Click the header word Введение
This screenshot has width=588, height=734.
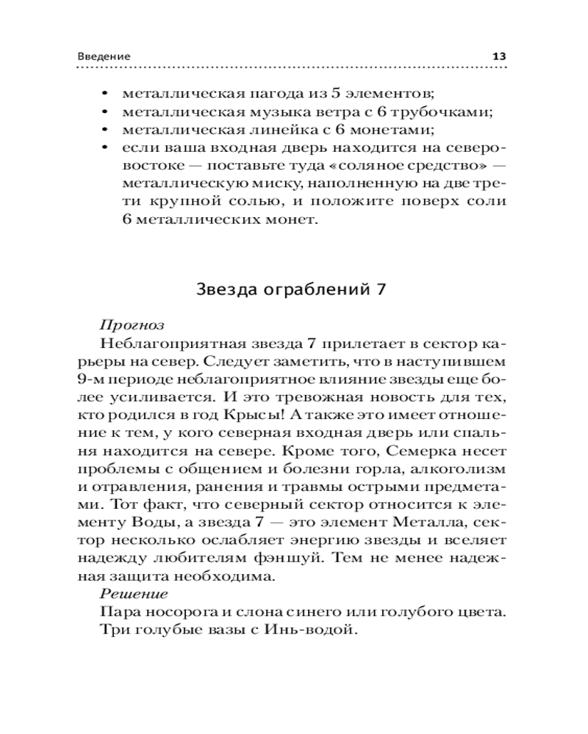[x=104, y=57]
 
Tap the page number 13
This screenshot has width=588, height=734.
[x=499, y=57]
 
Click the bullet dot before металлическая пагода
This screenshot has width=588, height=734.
[x=104, y=95]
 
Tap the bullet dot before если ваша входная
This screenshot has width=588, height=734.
[x=104, y=149]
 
